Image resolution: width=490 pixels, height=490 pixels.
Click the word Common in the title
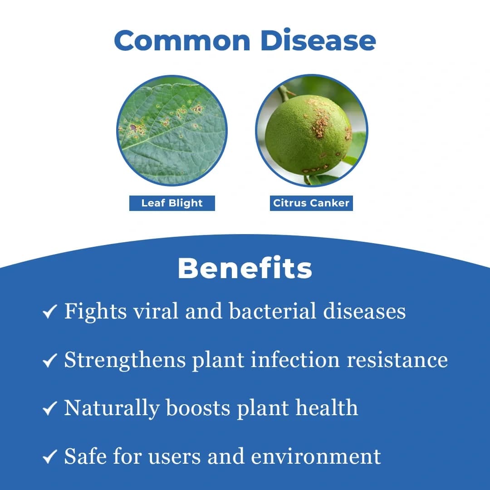pos(182,40)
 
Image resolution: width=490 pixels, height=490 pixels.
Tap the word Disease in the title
pos(318,40)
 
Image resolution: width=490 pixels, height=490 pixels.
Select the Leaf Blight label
pos(172,203)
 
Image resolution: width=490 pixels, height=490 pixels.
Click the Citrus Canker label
pos(311,203)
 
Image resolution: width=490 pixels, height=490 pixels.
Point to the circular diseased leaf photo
pos(172,131)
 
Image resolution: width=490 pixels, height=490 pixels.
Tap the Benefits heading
pos(245,268)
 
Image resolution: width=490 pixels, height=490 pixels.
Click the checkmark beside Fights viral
pos(49,312)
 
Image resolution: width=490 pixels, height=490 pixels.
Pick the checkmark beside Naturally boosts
pos(49,408)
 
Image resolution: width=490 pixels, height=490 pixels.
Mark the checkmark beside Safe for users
pos(49,457)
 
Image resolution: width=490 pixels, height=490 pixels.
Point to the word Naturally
pos(112,408)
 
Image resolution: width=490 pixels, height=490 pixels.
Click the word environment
pos(316,456)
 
